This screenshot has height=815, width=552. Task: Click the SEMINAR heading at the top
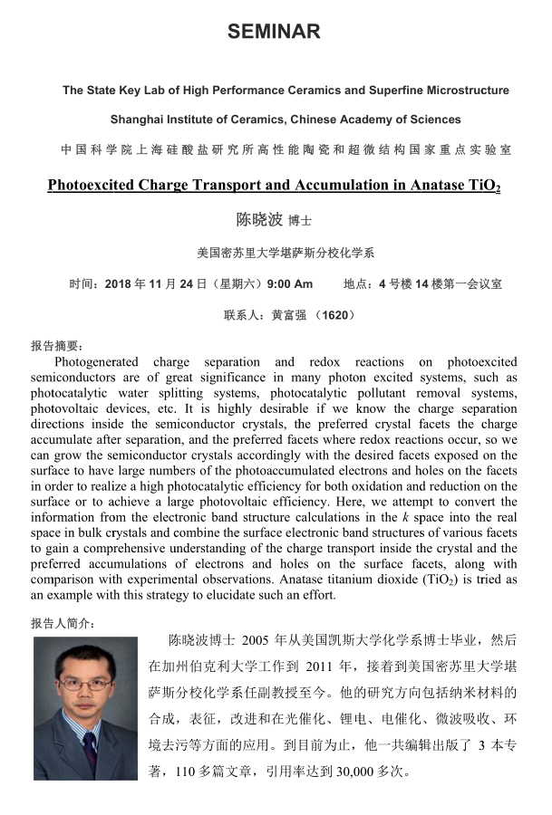pos(274,32)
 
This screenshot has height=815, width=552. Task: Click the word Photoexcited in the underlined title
pos(92,186)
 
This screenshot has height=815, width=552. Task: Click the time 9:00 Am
pos(290,283)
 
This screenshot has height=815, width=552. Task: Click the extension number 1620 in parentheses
pos(337,315)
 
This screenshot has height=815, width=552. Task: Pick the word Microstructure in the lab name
pos(468,91)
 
